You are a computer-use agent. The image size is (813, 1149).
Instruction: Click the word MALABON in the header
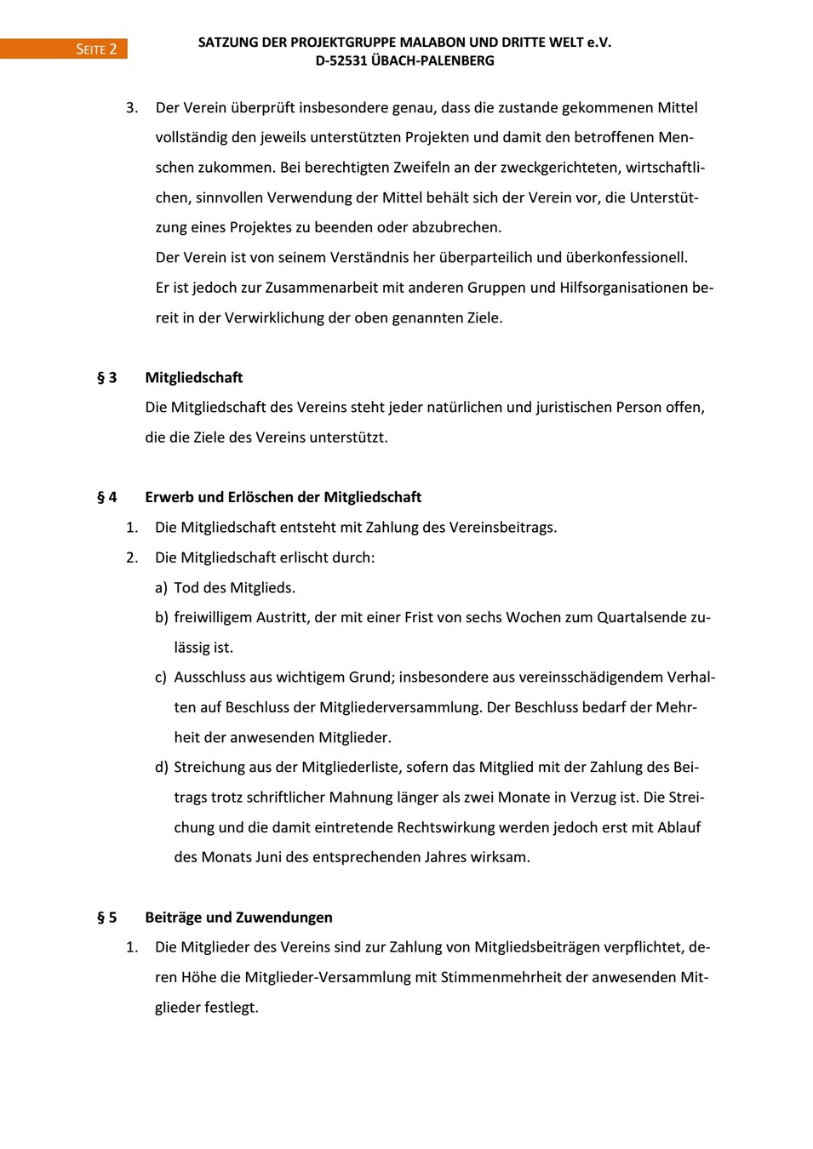(431, 42)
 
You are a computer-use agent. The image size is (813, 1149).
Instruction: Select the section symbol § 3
(107, 378)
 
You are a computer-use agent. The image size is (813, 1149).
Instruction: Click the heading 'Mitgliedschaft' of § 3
(194, 378)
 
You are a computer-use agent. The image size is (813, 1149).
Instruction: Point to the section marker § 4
(107, 497)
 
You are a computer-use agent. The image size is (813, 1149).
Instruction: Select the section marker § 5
(107, 917)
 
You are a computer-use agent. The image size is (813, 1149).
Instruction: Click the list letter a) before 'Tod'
(161, 588)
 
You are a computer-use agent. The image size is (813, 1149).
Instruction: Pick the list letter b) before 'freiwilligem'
(161, 618)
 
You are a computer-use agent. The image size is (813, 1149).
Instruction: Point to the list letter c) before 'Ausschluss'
(161, 677)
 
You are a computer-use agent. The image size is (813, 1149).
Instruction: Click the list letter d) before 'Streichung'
(161, 768)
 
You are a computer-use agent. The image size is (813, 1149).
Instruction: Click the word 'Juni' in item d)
(268, 857)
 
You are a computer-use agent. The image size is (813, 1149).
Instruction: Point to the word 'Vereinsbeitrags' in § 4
(501, 528)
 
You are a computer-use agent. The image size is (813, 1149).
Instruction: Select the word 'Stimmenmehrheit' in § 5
(501, 977)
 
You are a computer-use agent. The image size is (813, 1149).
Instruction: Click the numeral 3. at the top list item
(132, 108)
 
